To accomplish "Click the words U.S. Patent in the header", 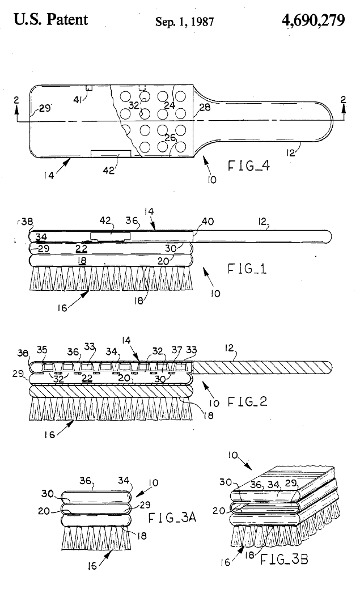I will (x=51, y=20).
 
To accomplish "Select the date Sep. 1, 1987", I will (x=185, y=22).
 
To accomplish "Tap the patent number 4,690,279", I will (x=312, y=20).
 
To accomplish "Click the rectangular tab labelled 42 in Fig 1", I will (x=111, y=235).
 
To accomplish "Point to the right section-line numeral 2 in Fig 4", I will (x=342, y=101).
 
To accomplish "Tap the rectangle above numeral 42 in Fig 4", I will (x=111, y=154).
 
